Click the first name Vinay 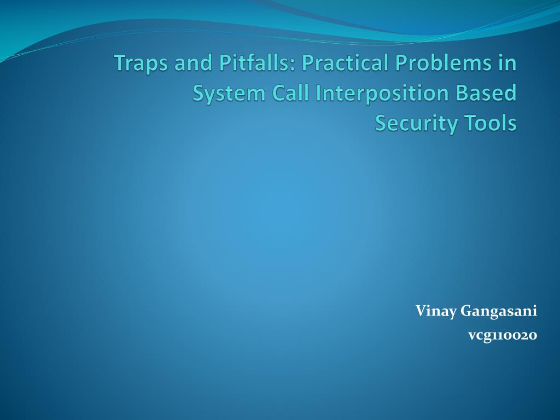tap(435, 312)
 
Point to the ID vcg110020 tap(502, 335)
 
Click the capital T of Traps tap(119, 63)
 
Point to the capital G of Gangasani tap(465, 311)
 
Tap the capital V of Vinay tap(420, 311)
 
